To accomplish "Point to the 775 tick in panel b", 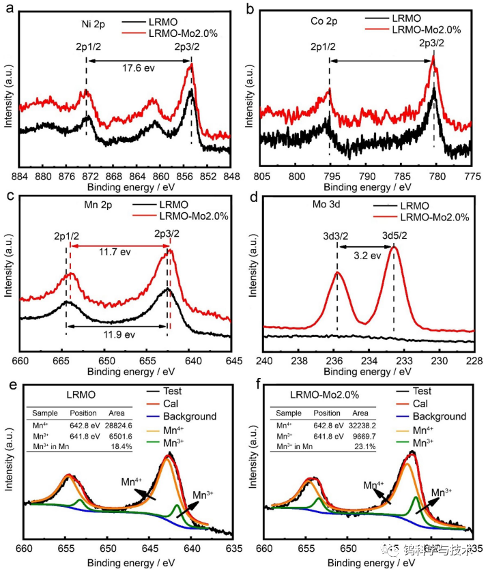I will click(471, 175).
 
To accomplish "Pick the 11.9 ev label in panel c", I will click(119, 335).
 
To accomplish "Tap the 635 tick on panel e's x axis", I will click(233, 548).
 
